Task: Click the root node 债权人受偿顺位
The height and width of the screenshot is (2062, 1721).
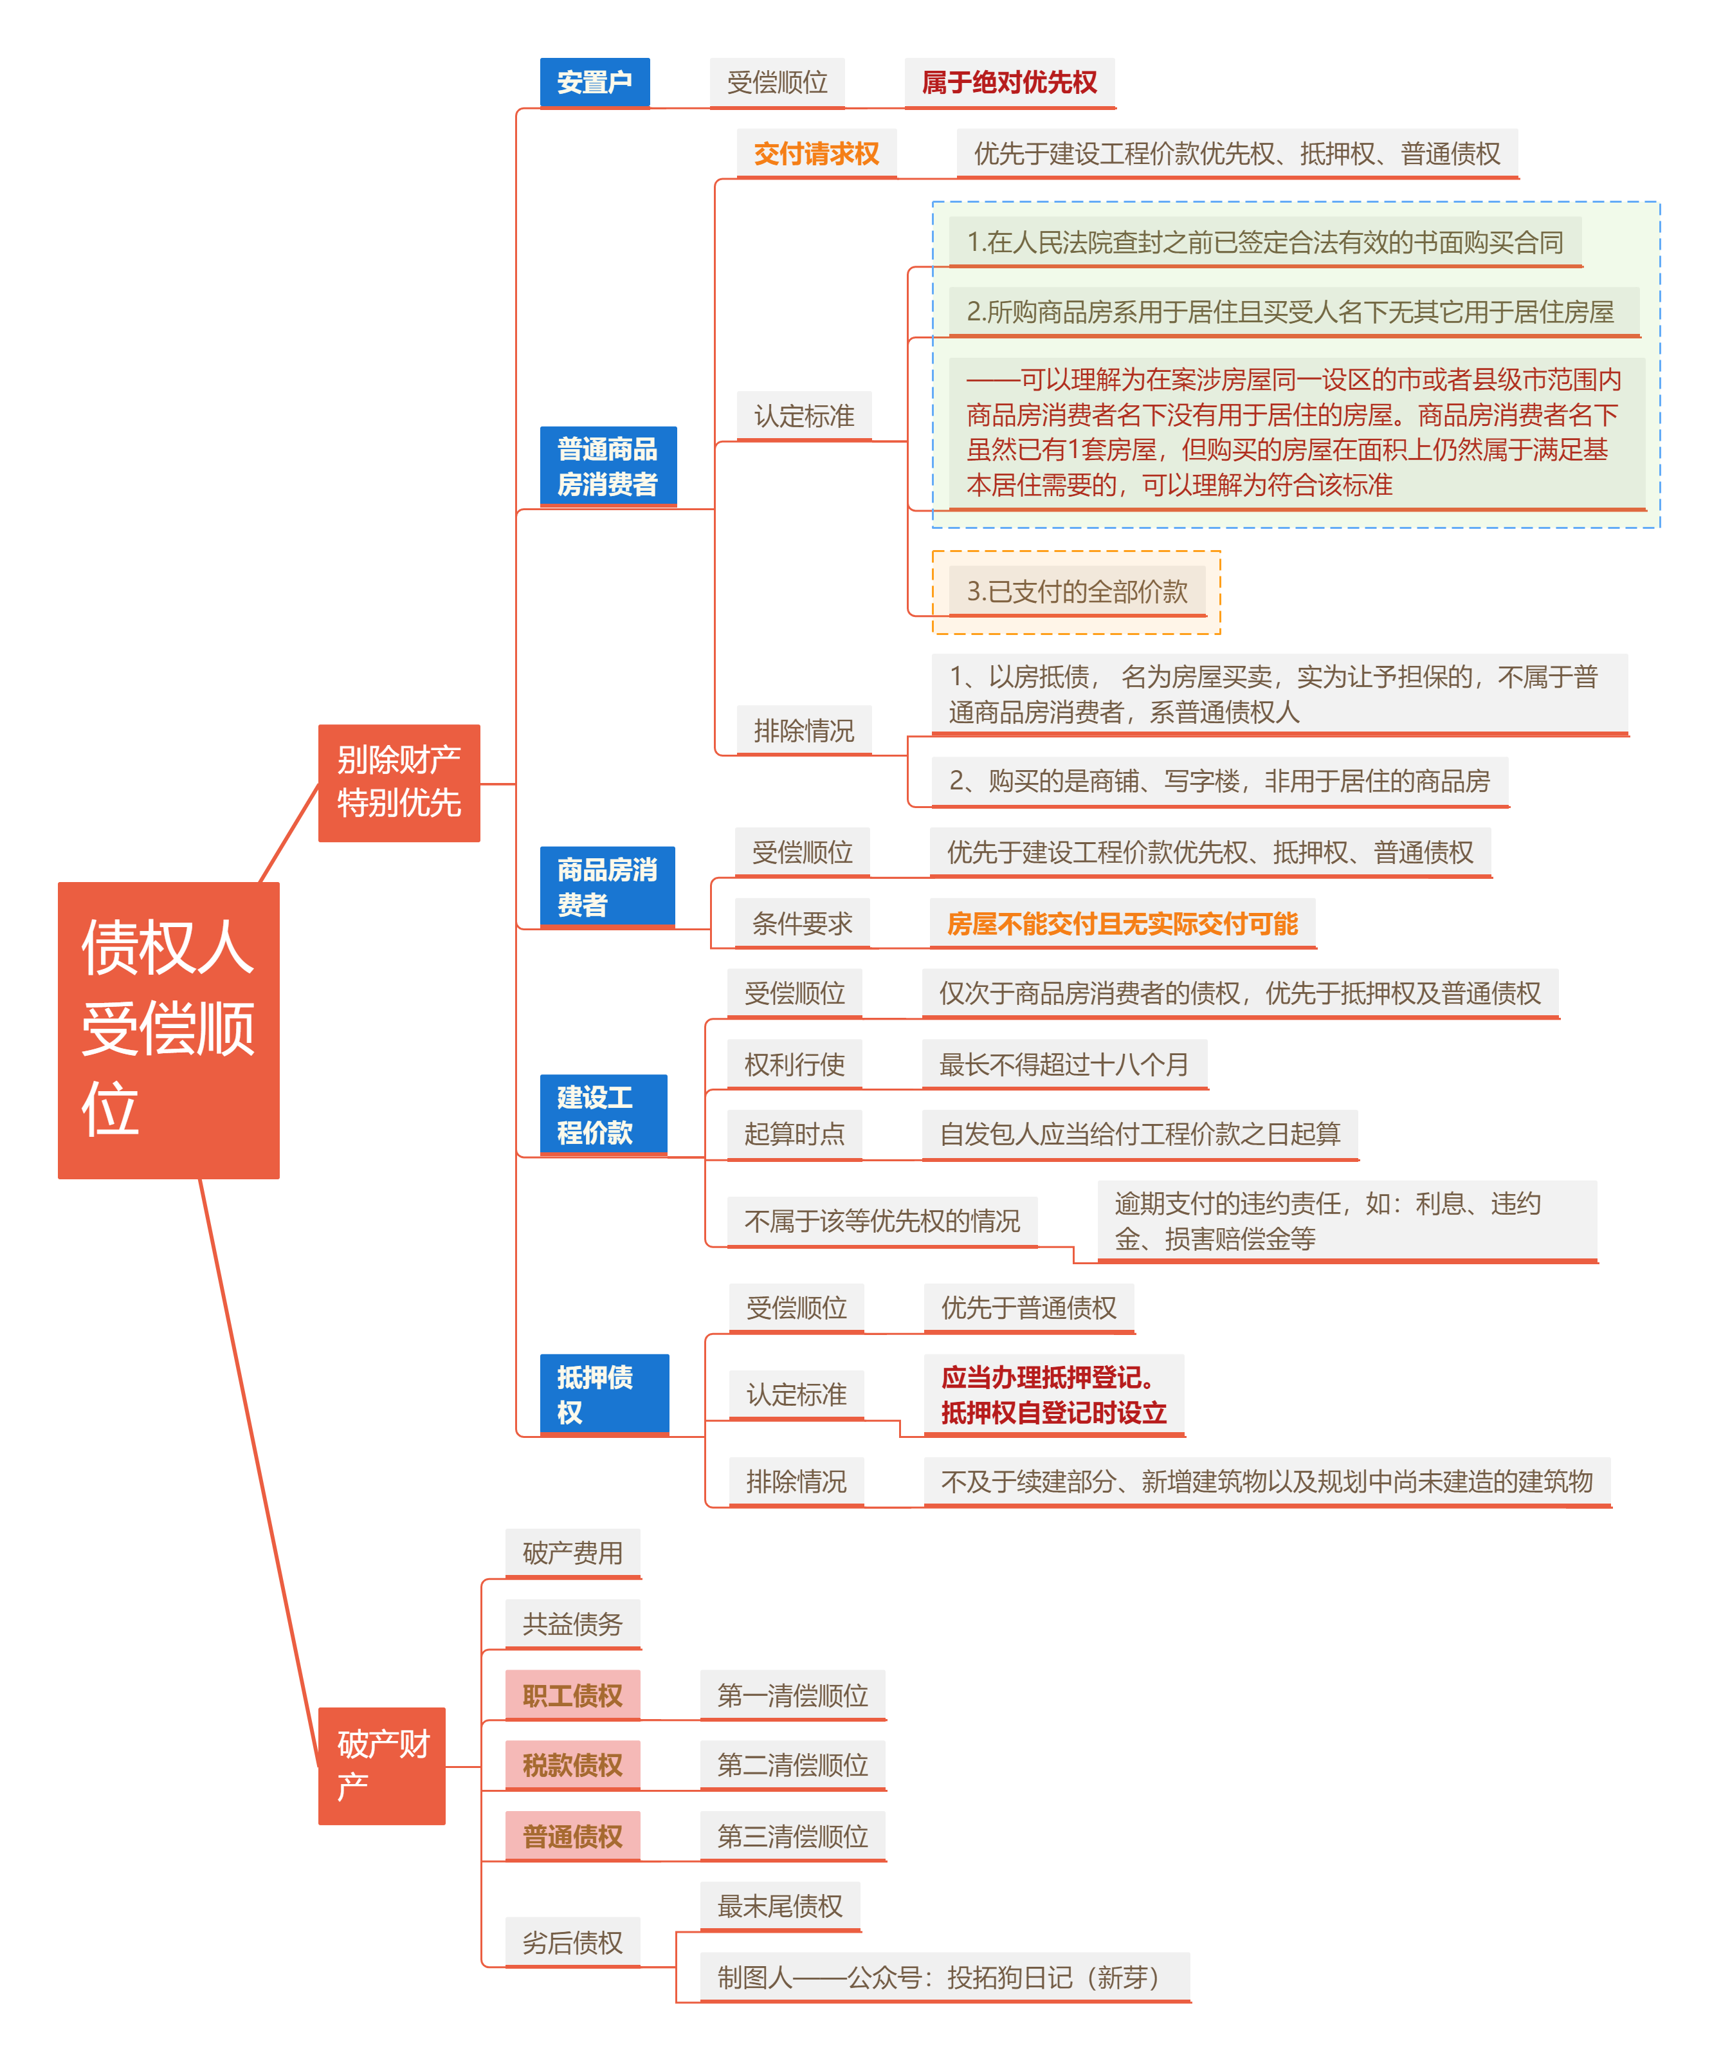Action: [168, 1029]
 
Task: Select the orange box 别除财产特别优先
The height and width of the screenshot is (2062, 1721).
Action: [399, 782]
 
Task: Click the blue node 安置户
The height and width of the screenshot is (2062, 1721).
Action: [594, 82]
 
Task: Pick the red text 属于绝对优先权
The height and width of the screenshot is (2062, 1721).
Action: [1008, 82]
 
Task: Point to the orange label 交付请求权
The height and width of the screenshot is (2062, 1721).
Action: [816, 154]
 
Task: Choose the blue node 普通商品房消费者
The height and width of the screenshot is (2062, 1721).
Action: [608, 466]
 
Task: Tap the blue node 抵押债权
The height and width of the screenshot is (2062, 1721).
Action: [604, 1394]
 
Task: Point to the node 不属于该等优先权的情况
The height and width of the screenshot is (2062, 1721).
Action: [882, 1220]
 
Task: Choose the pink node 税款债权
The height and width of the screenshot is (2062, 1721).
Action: [572, 1765]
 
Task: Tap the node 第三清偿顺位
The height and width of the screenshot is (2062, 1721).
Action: [792, 1836]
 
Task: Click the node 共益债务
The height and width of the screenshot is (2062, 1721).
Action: [572, 1624]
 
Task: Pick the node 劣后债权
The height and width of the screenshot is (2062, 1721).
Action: [572, 1942]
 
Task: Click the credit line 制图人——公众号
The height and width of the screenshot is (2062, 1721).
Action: [942, 1976]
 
